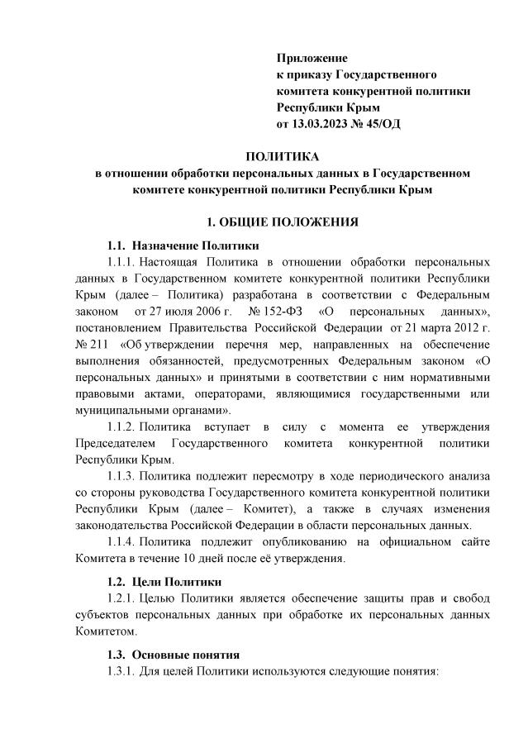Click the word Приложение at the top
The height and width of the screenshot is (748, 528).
tap(312, 59)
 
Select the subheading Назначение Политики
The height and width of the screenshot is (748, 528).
tap(195, 245)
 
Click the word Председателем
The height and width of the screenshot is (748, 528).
tap(114, 444)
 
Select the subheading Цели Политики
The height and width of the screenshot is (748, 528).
tap(174, 582)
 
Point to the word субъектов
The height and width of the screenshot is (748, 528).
tap(102, 614)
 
